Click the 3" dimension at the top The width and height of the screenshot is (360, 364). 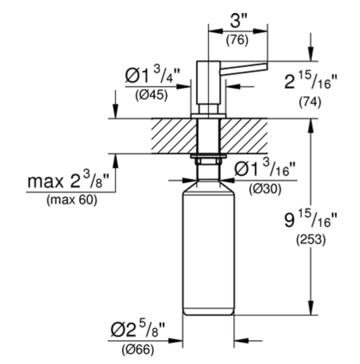tap(239, 20)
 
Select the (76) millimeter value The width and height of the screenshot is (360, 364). tap(237, 40)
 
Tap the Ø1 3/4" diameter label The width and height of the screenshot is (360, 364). tap(153, 74)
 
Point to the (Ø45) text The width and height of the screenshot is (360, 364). tap(151, 95)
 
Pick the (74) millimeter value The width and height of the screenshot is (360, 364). tap(310, 102)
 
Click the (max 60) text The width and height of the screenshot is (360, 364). tap(72, 200)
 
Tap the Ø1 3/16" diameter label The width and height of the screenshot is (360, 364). tap(265, 168)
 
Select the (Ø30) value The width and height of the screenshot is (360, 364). tap(265, 189)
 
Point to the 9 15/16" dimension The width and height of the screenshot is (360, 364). tap(310, 220)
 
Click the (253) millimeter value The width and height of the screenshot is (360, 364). tap(311, 240)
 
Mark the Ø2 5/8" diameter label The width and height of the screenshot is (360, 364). tap(138, 329)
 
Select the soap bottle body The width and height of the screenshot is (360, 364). tap(209, 249)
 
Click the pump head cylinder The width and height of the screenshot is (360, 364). tap(208, 82)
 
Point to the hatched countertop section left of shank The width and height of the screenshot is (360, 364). tap(174, 136)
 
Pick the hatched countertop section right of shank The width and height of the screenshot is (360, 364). tap(244, 136)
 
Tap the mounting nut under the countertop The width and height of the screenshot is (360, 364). tap(208, 159)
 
